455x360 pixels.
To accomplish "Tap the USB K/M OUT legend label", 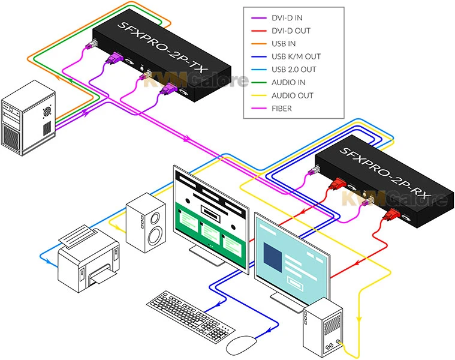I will click(296, 56).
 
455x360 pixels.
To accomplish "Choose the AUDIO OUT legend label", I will click(293, 95).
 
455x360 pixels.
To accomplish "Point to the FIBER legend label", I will click(282, 109).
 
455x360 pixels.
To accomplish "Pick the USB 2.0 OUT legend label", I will click(294, 70).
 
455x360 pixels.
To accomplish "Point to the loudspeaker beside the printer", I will click(146, 223).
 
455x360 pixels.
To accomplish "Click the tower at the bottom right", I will click(324, 331).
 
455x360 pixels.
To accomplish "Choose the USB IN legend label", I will click(284, 44).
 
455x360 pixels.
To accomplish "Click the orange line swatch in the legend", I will click(257, 44).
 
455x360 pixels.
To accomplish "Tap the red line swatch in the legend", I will click(257, 31).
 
